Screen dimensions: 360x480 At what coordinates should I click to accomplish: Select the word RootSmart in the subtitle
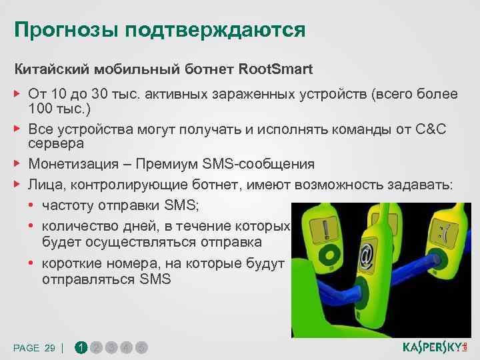click(275, 69)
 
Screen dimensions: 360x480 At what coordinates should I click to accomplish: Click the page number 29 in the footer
click(49, 347)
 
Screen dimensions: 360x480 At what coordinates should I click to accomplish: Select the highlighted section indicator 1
click(81, 347)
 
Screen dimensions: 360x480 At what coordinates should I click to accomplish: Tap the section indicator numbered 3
click(112, 347)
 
